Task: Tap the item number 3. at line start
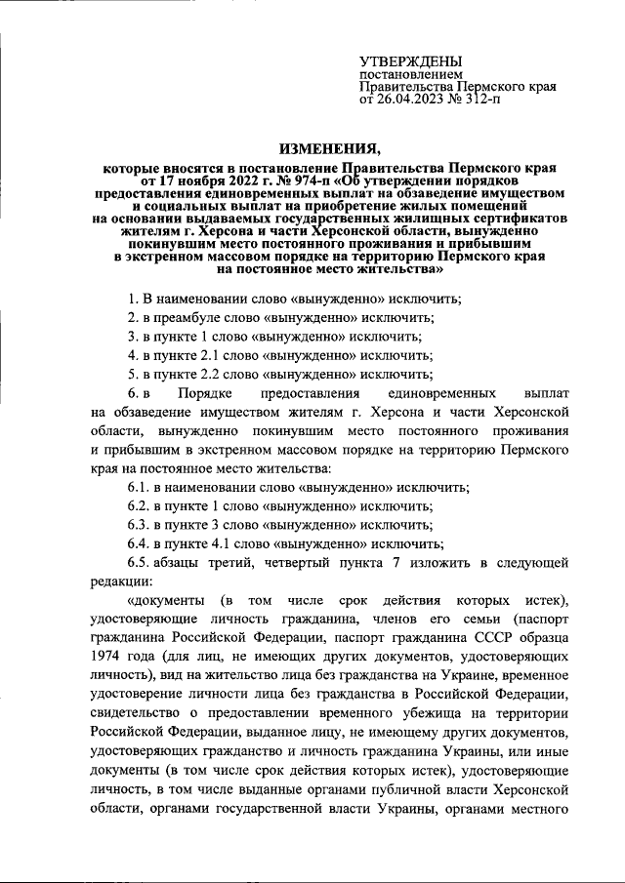pos(134,336)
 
